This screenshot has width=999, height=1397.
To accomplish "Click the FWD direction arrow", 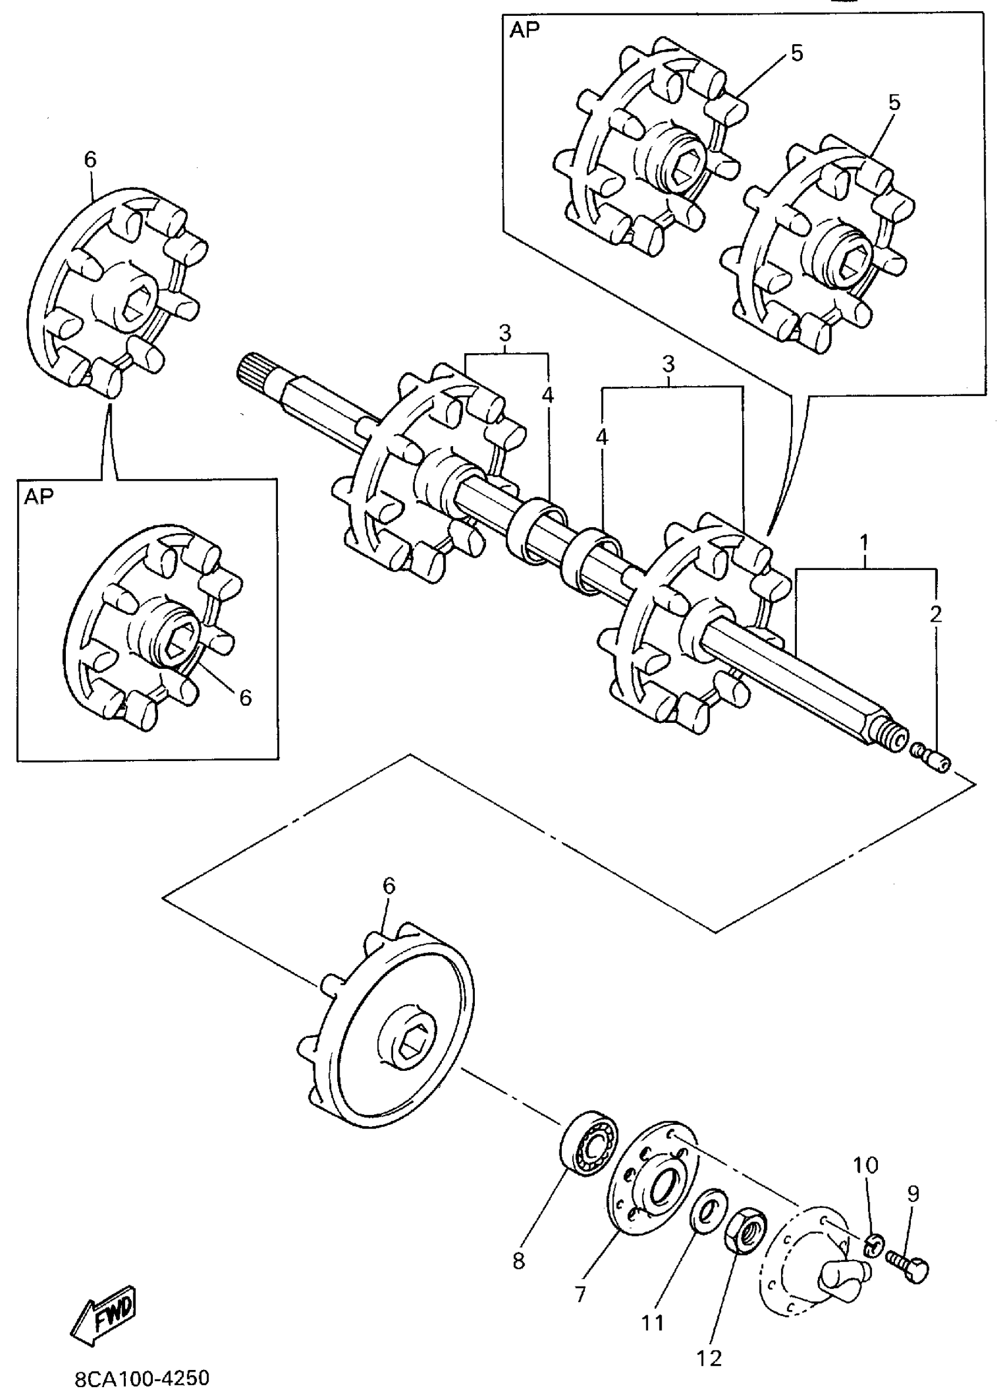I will tap(103, 1313).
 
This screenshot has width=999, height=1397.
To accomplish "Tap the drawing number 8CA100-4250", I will tap(142, 1379).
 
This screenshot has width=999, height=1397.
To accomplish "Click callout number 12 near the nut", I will tap(709, 1358).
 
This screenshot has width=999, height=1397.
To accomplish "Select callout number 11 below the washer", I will tap(653, 1321).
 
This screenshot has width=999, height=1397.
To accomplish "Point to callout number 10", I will tap(866, 1164).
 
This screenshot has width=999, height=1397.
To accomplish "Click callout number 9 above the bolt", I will tap(913, 1194).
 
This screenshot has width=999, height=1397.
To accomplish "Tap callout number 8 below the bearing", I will tap(518, 1261).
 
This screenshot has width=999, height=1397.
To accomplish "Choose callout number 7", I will tap(580, 1294).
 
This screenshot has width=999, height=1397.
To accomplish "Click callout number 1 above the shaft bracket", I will tap(864, 542).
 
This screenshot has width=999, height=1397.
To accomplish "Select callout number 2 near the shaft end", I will tap(936, 614).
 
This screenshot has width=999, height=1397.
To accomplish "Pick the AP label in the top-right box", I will tap(524, 30).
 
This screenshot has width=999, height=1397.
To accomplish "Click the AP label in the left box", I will tap(39, 497).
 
